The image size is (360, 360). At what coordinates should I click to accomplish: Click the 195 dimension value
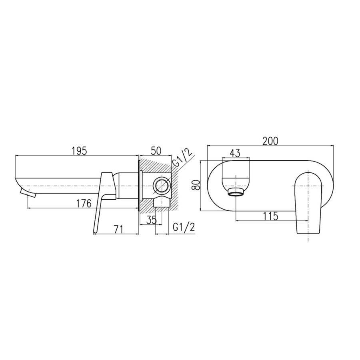[79, 151]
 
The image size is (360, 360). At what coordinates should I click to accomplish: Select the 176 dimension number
[84, 204]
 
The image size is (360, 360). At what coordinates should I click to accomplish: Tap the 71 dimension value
[118, 229]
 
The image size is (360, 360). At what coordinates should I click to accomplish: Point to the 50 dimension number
[156, 151]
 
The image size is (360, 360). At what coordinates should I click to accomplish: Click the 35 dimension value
[152, 220]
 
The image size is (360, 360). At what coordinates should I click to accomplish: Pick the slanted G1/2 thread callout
[182, 158]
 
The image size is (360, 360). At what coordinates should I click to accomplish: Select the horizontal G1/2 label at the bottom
[184, 227]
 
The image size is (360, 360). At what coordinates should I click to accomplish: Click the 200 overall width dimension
[270, 141]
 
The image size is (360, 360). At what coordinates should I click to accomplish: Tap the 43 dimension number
[235, 153]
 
